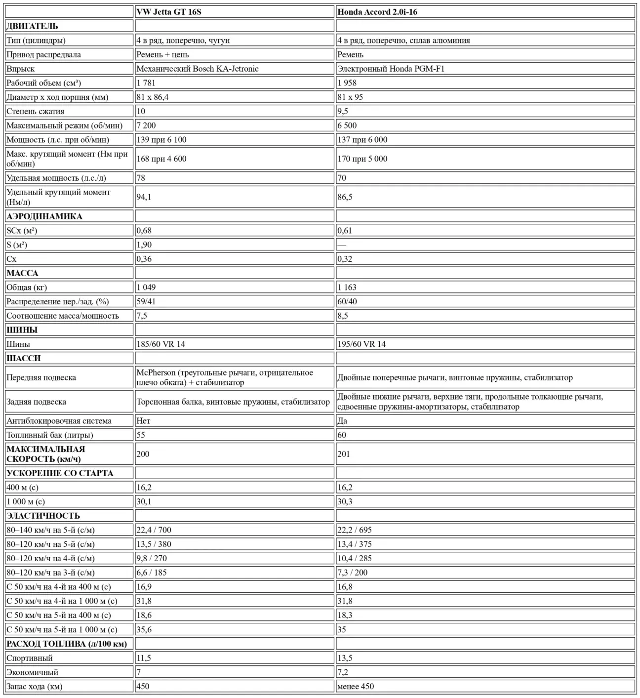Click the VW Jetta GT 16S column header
[x=169, y=12]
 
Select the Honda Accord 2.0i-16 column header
[x=377, y=12]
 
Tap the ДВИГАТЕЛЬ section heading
[x=32, y=26]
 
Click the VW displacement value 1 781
[x=146, y=83]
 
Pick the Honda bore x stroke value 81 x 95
[x=350, y=97]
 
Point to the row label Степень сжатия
[x=36, y=112]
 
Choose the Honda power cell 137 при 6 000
[x=362, y=140]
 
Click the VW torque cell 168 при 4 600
[x=161, y=159]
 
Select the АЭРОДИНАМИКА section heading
[x=44, y=216]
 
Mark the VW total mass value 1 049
[x=146, y=287]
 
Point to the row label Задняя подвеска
[x=37, y=402]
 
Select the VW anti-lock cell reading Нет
[x=143, y=421]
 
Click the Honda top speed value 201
[x=344, y=454]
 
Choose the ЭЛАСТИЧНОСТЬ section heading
[x=43, y=516]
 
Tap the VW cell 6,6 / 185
[x=152, y=573]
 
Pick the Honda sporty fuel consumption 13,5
[x=345, y=658]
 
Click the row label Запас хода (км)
[x=35, y=687]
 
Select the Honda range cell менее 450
[x=356, y=687]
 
